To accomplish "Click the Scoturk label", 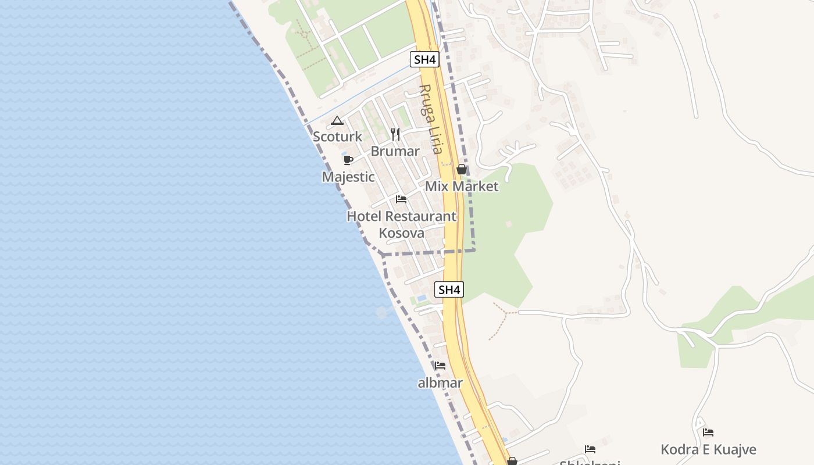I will pos(337,137).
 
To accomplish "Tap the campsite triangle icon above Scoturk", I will pos(337,121).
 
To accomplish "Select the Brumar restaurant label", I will pos(395,151).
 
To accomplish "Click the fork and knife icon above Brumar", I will pos(395,134).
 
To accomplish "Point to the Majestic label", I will pos(348,177).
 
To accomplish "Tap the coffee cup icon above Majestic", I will pos(348,160).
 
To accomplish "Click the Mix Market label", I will pos(462,187).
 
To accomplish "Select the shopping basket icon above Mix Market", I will pos(462,169).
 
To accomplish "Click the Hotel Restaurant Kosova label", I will pos(401,224).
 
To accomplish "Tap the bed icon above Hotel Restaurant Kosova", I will pos(401,199).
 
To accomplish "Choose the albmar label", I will pos(440,383).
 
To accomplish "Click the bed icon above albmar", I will pos(440,366).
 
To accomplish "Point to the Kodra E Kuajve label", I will pos(708,449).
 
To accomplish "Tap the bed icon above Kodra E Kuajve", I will pos(708,432).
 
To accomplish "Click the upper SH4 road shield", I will pos(424,59).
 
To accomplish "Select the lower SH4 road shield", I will pos(449,289).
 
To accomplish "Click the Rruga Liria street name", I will pos(430,119).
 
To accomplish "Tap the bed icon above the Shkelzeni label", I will pos(590,449).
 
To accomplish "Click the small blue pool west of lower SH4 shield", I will pos(422,298).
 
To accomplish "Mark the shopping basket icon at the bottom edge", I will pos(512,461).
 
